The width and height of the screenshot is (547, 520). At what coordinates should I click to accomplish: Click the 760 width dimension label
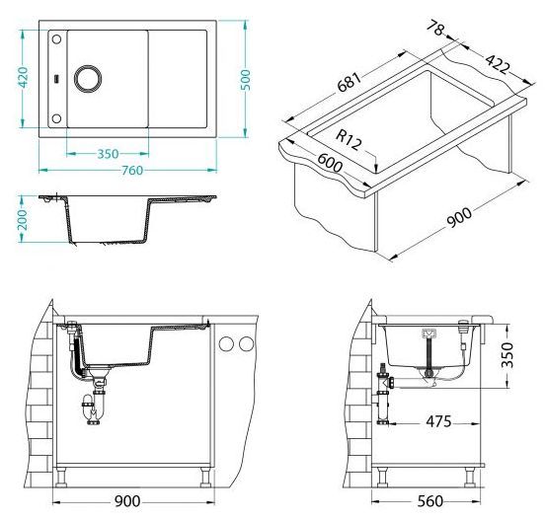(132, 170)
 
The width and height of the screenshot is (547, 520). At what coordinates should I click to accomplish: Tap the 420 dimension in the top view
(23, 77)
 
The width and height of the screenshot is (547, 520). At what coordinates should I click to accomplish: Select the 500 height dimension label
(246, 80)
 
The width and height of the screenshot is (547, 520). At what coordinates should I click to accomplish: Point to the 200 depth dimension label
(23, 219)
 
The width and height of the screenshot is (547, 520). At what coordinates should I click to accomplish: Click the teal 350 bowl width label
(108, 154)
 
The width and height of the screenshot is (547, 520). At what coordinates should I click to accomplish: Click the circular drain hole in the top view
(88, 78)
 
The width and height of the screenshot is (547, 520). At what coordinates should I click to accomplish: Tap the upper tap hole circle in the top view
(56, 39)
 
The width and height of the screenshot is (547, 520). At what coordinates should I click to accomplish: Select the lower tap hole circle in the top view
(56, 118)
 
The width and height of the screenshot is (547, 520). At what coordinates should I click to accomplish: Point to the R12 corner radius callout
(349, 139)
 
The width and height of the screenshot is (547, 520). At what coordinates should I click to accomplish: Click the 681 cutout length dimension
(349, 82)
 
